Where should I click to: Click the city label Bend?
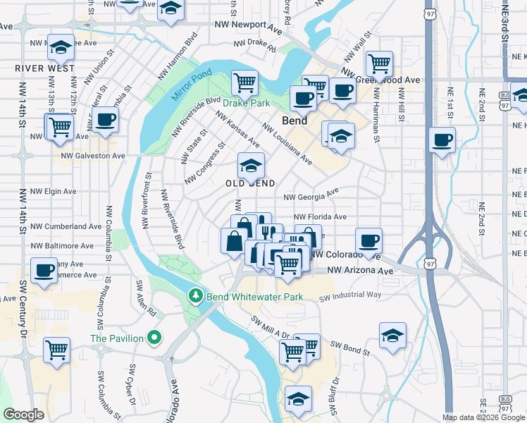pyautogui.click(x=294, y=121)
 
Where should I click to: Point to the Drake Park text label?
pyautogui.click(x=247, y=103)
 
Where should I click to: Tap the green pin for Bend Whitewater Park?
pyautogui.click(x=197, y=297)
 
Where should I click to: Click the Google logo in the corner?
pyautogui.click(x=24, y=415)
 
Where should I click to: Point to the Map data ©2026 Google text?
pyautogui.click(x=483, y=417)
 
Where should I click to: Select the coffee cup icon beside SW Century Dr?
pyautogui.click(x=44, y=270)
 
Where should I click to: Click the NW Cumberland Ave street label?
pyautogui.click(x=66, y=226)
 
